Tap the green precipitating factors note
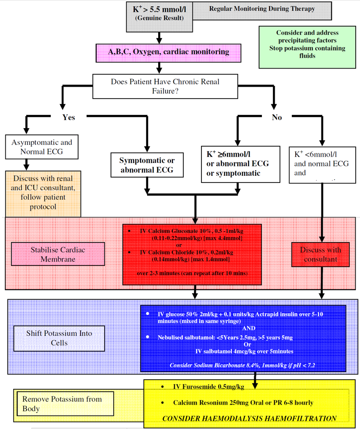(x=307, y=44)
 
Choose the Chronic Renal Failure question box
(x=165, y=86)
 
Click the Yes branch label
(x=69, y=117)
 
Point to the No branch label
(x=277, y=117)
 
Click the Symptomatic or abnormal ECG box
(x=146, y=165)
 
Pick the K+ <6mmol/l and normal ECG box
(x=322, y=164)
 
